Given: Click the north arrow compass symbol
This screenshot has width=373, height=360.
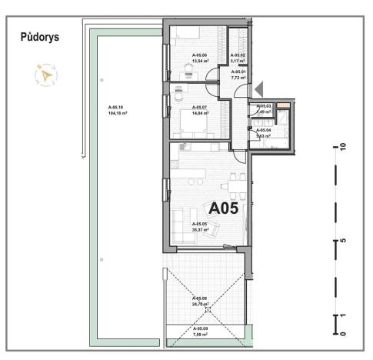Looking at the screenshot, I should [46, 75].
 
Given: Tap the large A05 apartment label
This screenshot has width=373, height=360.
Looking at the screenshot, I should [224, 207].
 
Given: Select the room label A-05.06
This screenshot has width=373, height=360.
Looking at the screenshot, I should [200, 55].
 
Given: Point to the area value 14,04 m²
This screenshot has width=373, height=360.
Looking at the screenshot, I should [200, 112].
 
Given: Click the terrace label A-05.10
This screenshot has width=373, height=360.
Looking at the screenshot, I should [117, 107].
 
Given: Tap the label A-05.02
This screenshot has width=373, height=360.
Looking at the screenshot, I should [238, 55].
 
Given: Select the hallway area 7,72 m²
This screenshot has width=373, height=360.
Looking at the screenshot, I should [238, 77].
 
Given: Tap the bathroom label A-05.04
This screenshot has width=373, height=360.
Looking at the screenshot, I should [264, 131].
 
